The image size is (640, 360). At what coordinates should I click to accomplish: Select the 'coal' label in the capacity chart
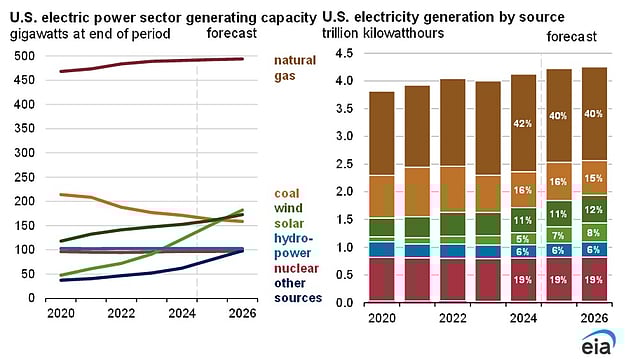tap(287, 193)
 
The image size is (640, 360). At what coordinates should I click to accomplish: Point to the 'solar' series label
tap(289, 223)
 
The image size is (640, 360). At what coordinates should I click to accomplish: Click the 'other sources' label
tap(297, 290)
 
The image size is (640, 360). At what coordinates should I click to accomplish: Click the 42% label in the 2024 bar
tap(523, 124)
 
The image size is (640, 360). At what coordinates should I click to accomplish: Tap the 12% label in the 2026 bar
tap(593, 209)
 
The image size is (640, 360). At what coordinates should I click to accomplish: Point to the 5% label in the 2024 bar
tap(523, 239)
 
